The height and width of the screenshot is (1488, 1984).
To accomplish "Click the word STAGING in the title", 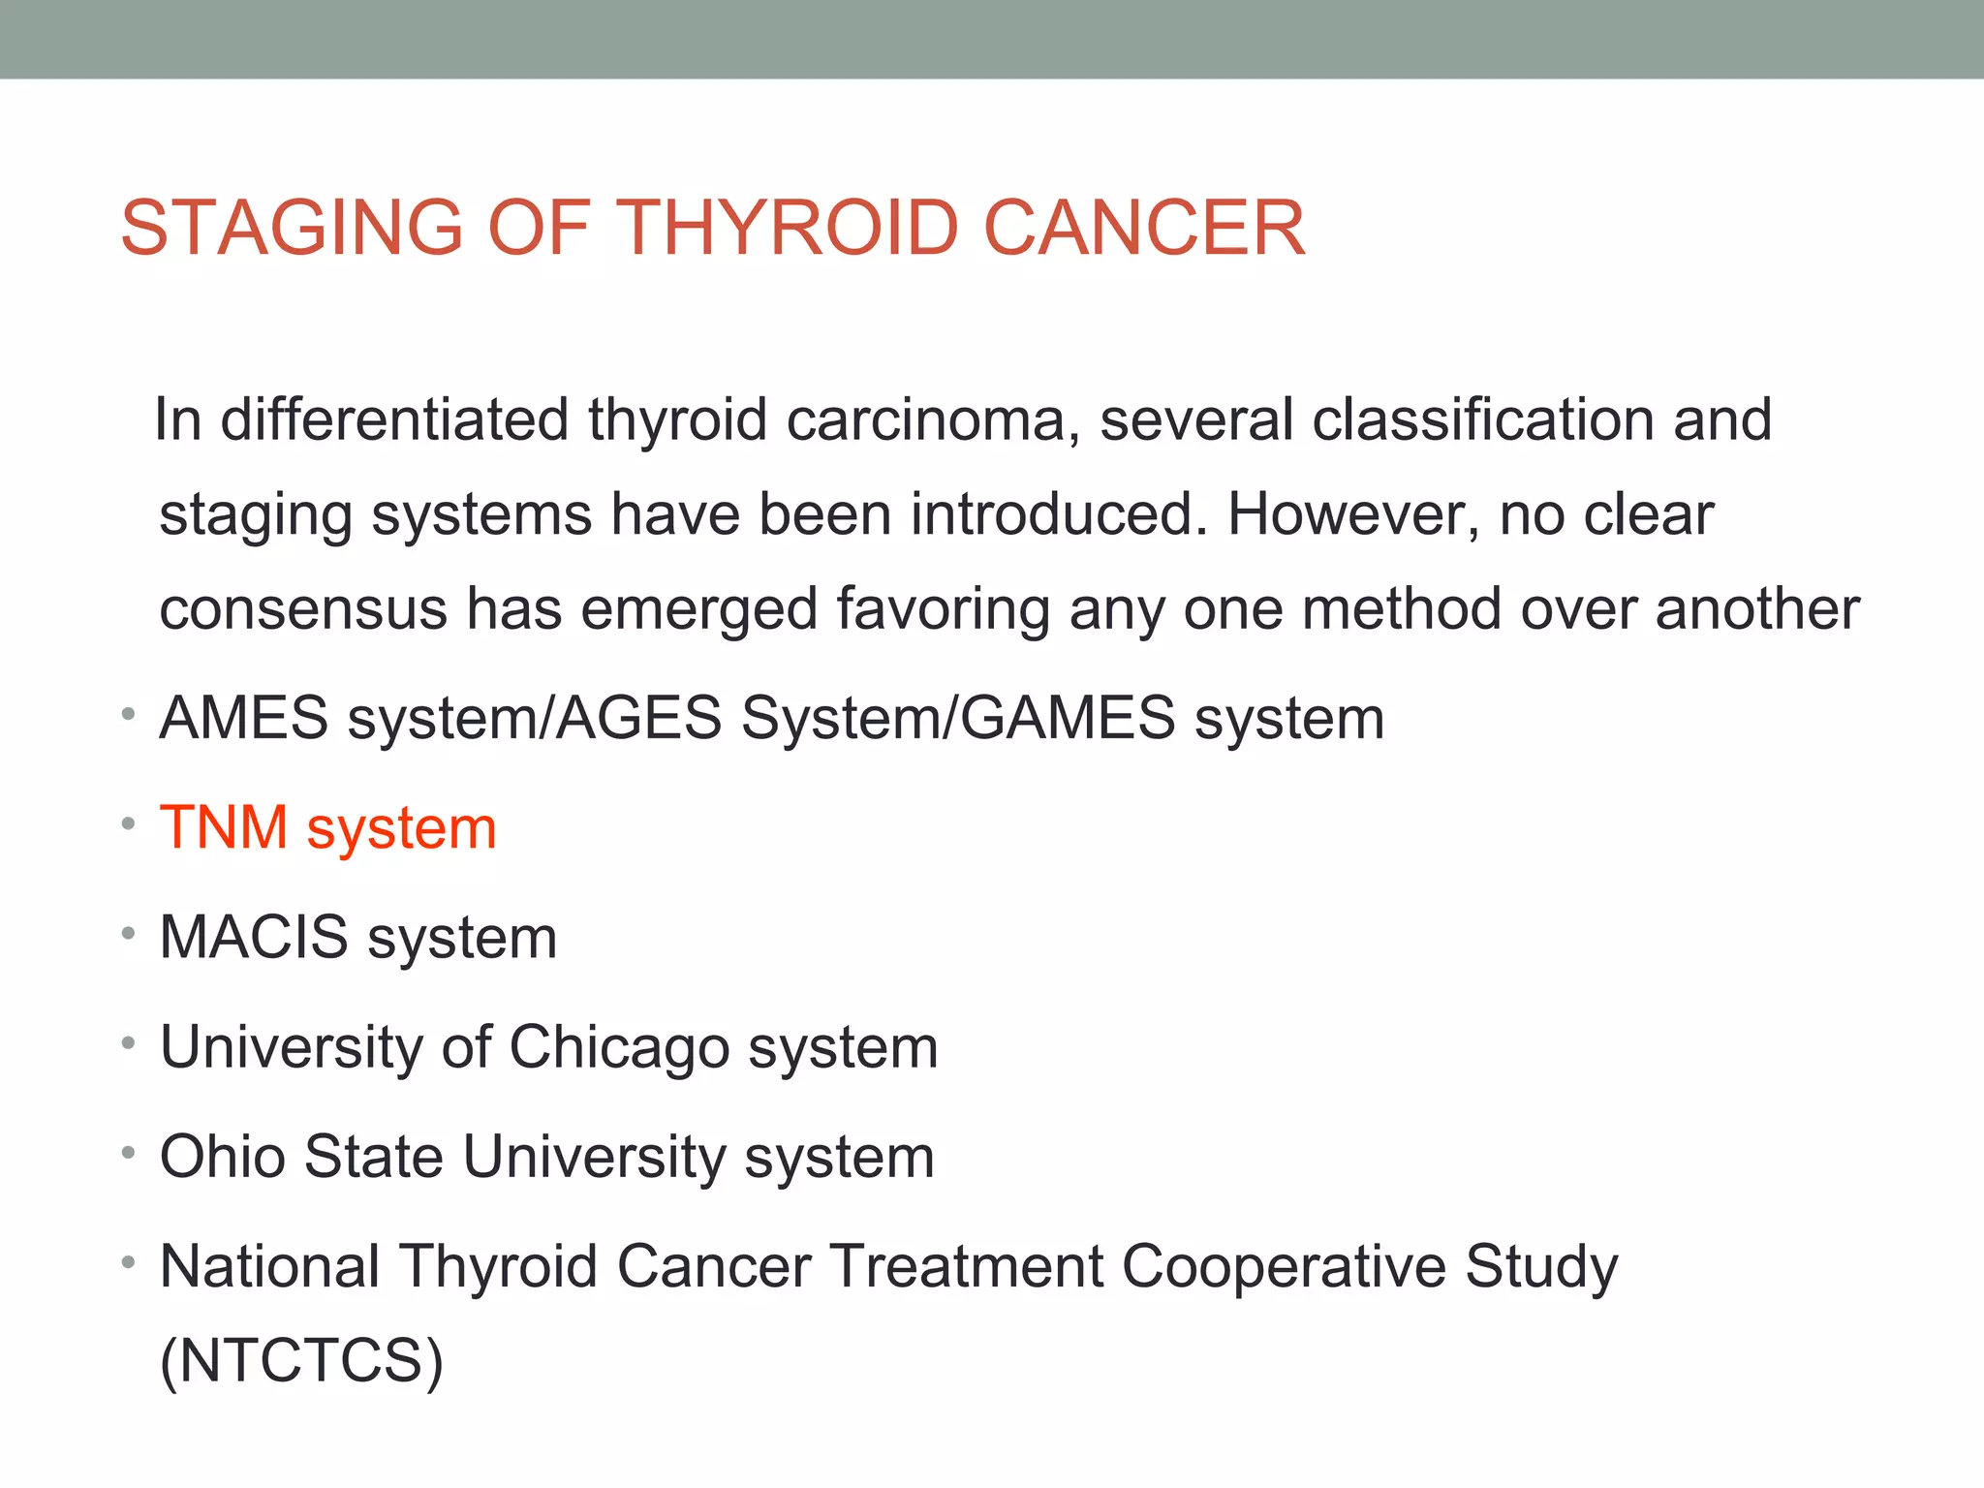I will pos(292,228).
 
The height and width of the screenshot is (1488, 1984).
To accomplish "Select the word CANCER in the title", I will pos(1144,228).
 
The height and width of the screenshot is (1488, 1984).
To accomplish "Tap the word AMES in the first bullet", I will pos(244,719).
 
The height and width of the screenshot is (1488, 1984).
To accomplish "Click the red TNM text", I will pos(224,828).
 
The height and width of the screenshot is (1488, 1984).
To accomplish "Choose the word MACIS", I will pos(254,938).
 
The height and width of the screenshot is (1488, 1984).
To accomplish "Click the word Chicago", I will pos(619,1048).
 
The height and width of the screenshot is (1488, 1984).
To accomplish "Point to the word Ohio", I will pos(222,1157).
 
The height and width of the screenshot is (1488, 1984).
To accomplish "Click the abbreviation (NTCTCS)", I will pos(301,1361).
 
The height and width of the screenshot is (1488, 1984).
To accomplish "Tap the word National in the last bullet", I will pos(270,1267).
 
